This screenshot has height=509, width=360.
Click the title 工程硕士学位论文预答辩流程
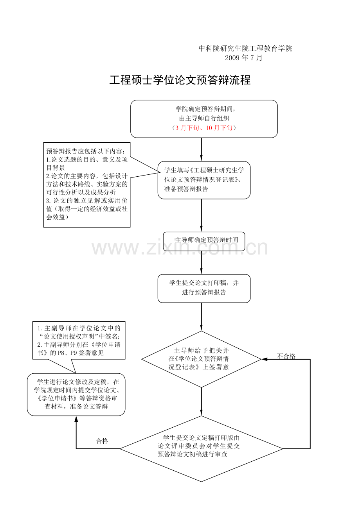click(180, 80)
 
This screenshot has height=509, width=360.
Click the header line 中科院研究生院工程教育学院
click(245, 48)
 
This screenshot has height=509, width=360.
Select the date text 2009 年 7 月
click(243, 58)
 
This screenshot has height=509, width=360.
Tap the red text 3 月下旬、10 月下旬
click(204, 128)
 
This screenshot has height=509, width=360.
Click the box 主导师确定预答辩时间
click(204, 241)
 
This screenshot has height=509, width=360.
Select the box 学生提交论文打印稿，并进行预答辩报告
click(204, 289)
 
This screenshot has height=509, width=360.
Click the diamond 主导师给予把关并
click(201, 359)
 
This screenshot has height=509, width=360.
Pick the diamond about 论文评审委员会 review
click(201, 449)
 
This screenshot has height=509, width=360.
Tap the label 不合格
click(286, 356)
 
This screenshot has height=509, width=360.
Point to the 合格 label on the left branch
click(102, 441)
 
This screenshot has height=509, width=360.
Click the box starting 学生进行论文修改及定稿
click(76, 395)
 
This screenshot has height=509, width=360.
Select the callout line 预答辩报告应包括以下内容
click(86, 151)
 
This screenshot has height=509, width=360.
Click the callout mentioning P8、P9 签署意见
click(79, 341)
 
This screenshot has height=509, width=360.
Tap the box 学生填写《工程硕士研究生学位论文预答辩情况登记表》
click(204, 180)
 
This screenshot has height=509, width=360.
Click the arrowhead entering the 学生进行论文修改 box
click(76, 419)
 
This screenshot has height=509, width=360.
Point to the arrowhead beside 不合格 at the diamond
click(265, 359)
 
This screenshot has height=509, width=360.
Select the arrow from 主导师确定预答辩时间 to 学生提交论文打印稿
click(201, 263)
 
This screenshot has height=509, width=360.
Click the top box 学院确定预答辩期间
click(204, 119)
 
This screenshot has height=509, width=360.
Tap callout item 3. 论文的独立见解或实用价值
click(87, 209)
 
